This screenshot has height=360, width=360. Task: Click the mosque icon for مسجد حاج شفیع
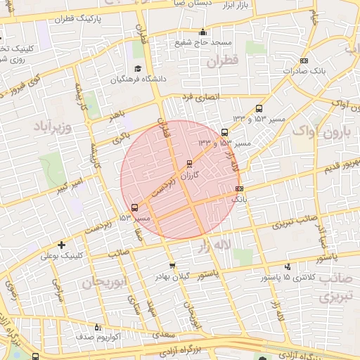[203, 32]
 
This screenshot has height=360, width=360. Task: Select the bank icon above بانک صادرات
[304, 60]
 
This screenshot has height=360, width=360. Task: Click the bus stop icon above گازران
[188, 164]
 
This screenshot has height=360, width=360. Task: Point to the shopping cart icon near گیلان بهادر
[172, 266]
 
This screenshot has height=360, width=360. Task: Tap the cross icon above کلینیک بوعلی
[63, 245]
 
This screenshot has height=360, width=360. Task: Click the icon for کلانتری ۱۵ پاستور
[288, 267]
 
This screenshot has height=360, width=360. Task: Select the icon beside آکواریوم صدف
[98, 327]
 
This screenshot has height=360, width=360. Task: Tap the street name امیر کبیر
[72, 187]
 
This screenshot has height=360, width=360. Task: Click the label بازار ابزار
[257, 6]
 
